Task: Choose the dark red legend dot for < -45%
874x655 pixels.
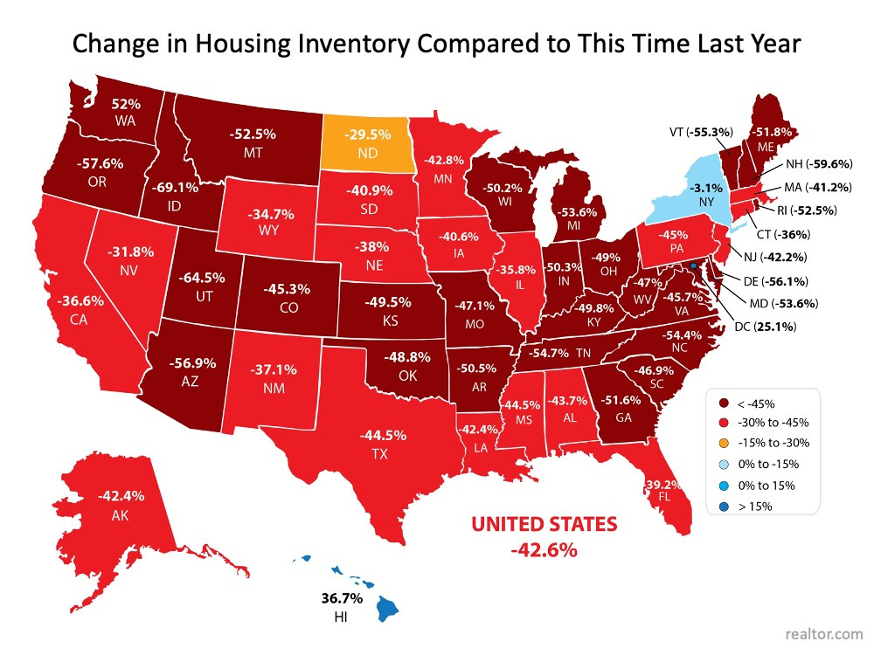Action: pos(723,403)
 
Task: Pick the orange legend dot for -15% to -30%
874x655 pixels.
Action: pos(723,444)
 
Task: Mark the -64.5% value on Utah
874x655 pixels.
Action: pos(203,278)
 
